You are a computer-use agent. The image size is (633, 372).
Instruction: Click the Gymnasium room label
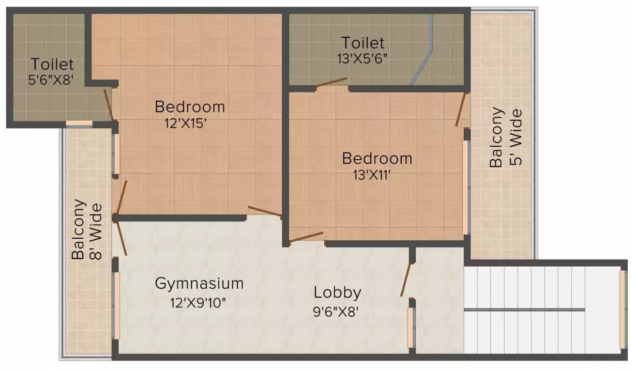pyautogui.click(x=199, y=283)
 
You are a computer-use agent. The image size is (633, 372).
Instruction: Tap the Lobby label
pyautogui.click(x=337, y=293)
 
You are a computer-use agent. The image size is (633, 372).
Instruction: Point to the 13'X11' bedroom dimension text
pyautogui.click(x=372, y=175)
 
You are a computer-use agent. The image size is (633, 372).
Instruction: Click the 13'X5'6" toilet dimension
pyautogui.click(x=362, y=59)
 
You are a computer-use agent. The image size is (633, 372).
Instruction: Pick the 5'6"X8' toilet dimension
pyautogui.click(x=51, y=79)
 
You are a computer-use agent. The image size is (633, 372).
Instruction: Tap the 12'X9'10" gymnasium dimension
pyautogui.click(x=198, y=303)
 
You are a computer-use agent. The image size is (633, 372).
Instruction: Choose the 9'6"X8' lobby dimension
pyautogui.click(x=336, y=312)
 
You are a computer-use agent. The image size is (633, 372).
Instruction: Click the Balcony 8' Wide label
pyautogui.click(x=86, y=230)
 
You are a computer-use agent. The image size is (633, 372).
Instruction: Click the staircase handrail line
pyautogui.click(x=524, y=310)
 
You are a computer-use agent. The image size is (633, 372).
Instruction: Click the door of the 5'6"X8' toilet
pyautogui.click(x=108, y=105)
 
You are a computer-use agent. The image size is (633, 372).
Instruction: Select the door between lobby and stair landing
pyautogui.click(x=406, y=280)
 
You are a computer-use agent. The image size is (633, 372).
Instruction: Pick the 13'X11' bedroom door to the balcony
pyautogui.click(x=460, y=109)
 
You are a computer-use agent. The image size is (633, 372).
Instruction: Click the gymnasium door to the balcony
pyautogui.click(x=122, y=238)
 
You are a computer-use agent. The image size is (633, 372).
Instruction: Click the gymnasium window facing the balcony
pyautogui.click(x=117, y=306)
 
